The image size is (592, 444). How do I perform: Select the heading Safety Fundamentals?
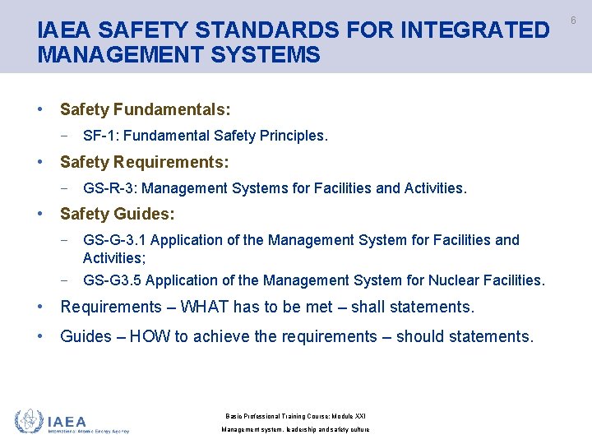145,109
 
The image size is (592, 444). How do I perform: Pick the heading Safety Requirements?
144,161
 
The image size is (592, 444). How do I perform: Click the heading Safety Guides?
117,214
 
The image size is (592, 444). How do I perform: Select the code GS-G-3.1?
115,240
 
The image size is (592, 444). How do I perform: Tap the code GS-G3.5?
113,280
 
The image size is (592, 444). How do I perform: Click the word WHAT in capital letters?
204,308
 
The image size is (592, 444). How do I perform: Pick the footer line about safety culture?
295,430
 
